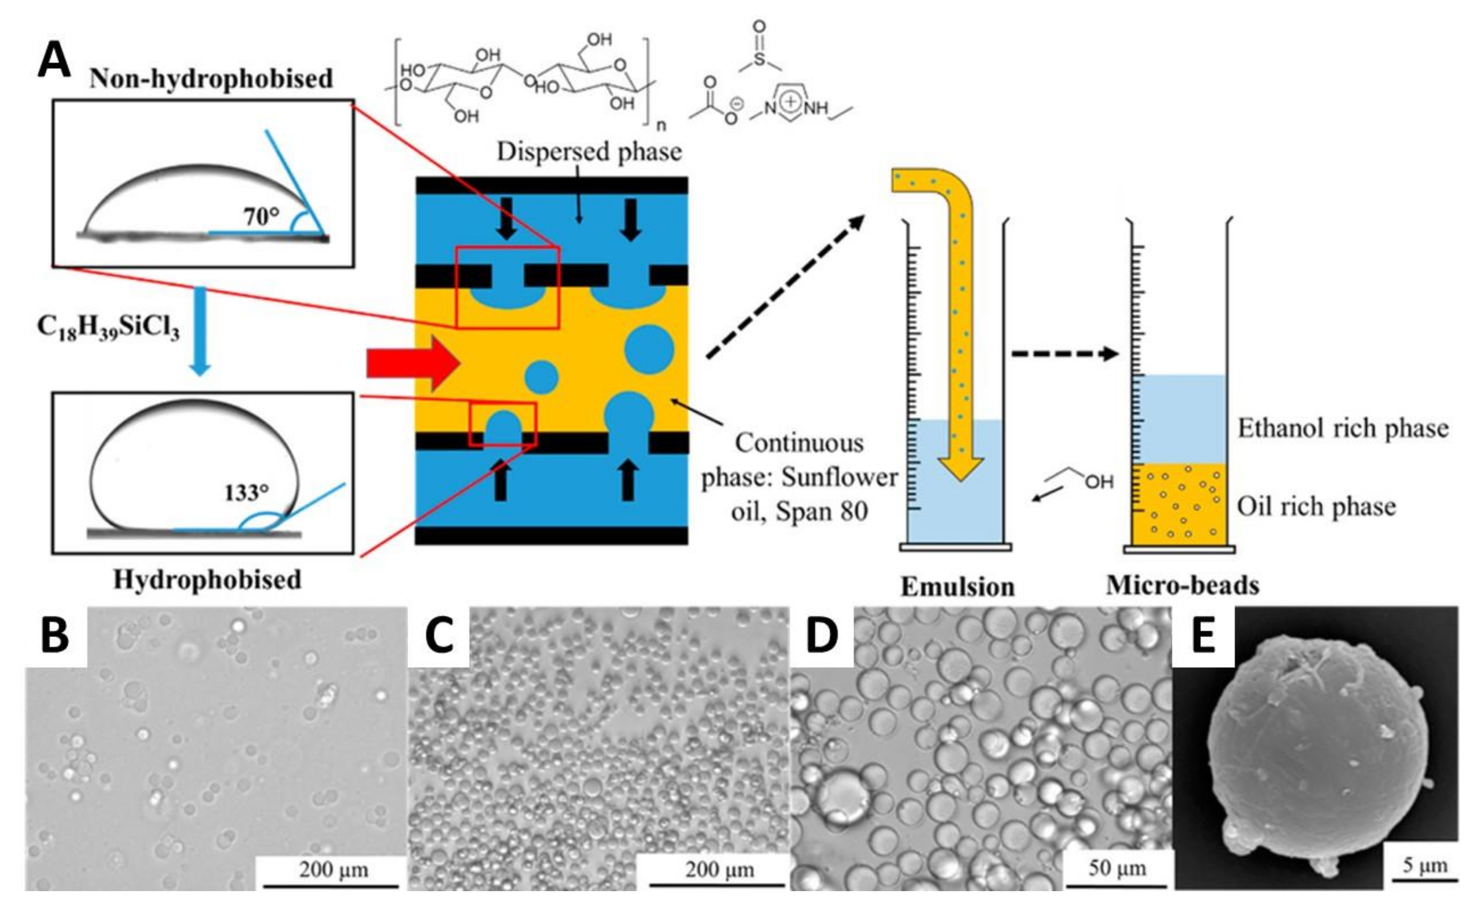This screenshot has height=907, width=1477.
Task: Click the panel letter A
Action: [54, 61]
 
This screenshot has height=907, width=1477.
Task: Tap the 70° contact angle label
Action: [261, 216]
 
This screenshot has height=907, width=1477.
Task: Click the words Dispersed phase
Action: [589, 152]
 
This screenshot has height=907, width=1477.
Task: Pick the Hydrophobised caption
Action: [207, 580]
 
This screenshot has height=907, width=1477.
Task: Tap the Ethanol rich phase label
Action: [1342, 428]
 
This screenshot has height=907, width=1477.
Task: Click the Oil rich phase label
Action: [1316, 506]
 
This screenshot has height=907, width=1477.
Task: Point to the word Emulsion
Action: [957, 586]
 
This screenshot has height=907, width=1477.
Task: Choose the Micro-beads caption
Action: [1182, 585]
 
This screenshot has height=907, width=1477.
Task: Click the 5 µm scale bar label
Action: [1424, 866]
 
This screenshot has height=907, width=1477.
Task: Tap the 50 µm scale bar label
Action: [1117, 868]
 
